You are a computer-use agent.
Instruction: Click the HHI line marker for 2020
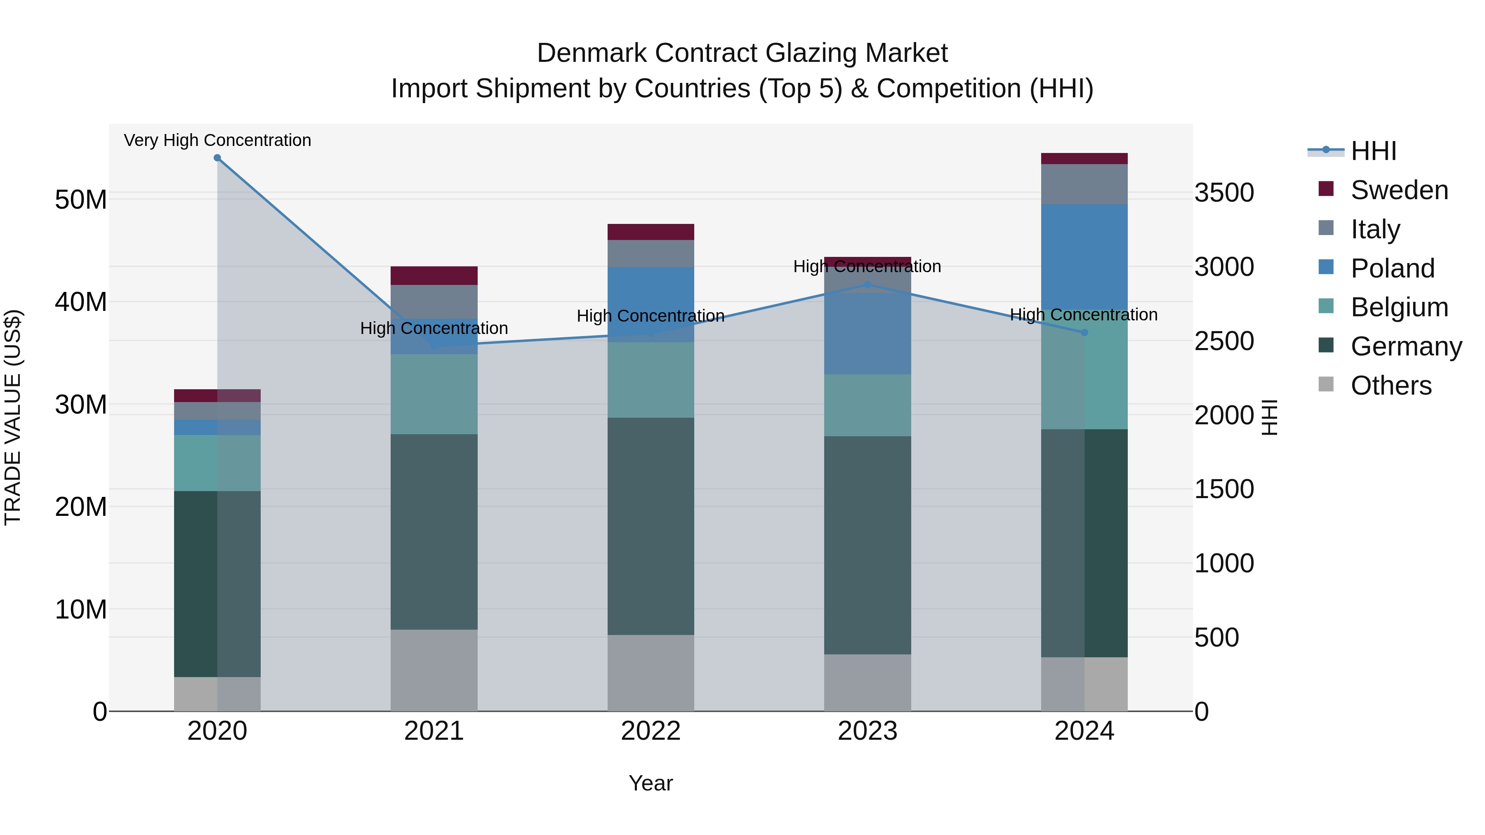point(217,158)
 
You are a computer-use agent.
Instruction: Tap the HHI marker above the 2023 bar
point(867,285)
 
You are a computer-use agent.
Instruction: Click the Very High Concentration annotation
point(217,140)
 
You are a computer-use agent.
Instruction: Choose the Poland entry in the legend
point(1392,268)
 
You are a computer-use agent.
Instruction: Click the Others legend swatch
point(1326,384)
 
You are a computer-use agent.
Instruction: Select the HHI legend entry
point(1373,151)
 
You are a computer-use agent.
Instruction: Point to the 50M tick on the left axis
point(81,200)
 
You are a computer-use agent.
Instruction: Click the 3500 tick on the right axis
point(1224,193)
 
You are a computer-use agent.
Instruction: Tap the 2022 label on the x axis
point(651,731)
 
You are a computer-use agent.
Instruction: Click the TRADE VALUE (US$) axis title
point(13,417)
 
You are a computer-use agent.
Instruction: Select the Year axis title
point(651,783)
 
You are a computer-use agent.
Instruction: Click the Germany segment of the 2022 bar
point(651,526)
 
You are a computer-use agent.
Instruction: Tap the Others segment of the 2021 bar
point(434,670)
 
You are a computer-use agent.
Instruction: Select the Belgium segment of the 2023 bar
point(867,405)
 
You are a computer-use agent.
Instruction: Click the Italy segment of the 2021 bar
point(434,301)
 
